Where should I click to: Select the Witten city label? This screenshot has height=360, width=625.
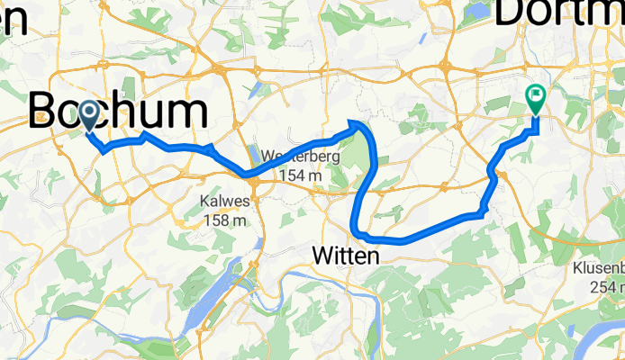pos(346,256)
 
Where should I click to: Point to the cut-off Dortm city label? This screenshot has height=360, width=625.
pos(559,13)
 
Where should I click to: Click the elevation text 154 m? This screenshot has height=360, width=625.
pos(301,175)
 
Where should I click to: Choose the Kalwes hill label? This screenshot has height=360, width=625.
pos(224,201)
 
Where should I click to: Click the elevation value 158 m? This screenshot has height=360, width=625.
pos(225,220)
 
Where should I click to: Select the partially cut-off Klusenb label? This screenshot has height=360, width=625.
pos(599,268)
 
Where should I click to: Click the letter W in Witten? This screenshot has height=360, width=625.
pos(322,256)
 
